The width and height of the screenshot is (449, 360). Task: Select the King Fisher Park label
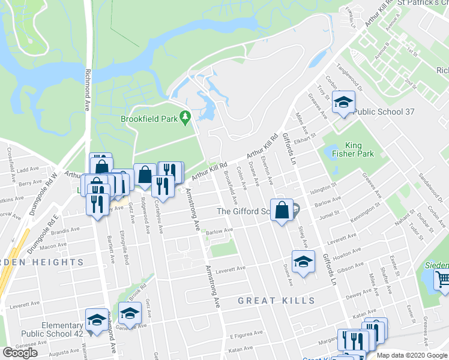(360, 149)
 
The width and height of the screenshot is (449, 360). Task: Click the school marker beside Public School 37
(344, 102)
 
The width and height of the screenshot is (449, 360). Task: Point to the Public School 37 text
(384, 112)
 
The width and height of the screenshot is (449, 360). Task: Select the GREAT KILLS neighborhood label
(276, 300)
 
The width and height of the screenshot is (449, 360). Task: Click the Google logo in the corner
(20, 353)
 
